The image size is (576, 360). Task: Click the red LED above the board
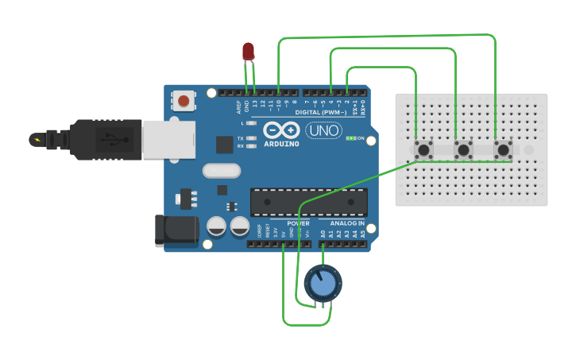coord(249,52)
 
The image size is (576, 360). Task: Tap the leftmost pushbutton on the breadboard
coord(423,149)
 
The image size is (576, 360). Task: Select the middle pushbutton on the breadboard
coord(463,149)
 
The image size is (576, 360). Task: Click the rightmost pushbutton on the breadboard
coord(503,149)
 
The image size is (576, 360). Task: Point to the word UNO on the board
coord(324,130)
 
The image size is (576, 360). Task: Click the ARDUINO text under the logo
coord(281,144)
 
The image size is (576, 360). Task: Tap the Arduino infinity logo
coord(281,130)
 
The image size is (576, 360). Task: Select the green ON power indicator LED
coord(350,138)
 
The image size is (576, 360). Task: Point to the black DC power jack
coord(176,228)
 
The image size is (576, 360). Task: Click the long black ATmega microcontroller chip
coord(309,202)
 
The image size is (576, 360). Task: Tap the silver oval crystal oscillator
coord(221,170)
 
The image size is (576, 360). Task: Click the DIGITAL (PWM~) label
coord(319,113)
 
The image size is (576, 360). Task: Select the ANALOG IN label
coord(347,223)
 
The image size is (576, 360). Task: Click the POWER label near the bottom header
coord(298,223)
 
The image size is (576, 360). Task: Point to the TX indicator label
coord(241,138)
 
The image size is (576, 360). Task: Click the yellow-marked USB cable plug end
coord(37,140)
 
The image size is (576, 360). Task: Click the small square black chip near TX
coord(224,144)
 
